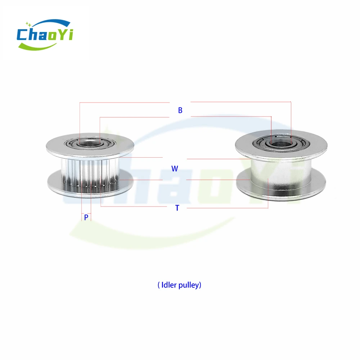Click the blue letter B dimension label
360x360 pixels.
pos(180,110)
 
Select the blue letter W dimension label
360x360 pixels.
pos(175,169)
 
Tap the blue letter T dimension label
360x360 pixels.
pos(177,208)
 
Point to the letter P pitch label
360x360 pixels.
pos(86,217)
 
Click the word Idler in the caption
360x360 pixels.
pos(169,285)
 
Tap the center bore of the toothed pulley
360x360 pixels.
pos(90,144)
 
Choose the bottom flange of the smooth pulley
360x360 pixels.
pos(281,189)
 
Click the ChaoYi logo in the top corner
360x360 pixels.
pos(45,35)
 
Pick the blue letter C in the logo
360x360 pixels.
pos(22,35)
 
